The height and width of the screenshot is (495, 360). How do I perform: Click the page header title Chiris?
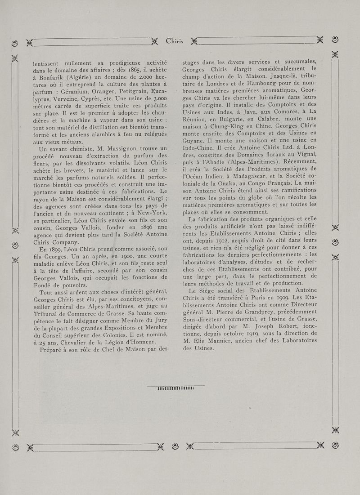coord(174,42)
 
